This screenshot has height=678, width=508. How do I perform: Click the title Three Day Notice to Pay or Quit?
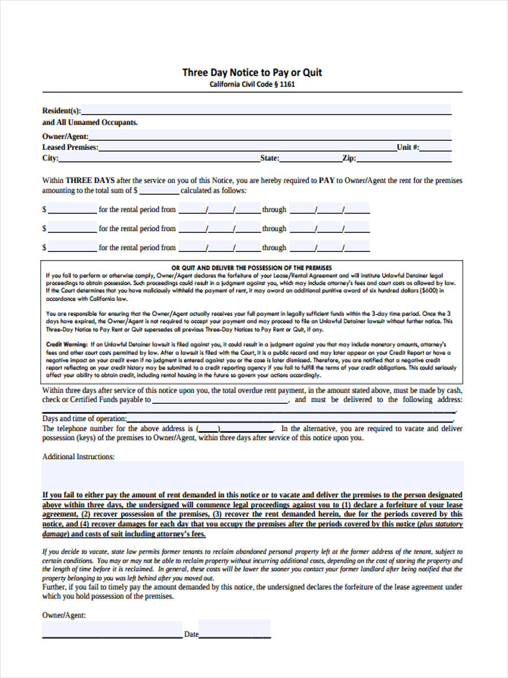(252, 72)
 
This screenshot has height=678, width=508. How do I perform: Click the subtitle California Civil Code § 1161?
(252, 85)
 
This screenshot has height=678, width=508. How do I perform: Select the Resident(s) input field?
(265, 110)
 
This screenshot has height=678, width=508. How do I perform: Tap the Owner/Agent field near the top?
(270, 136)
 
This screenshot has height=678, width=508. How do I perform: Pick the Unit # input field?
(435, 147)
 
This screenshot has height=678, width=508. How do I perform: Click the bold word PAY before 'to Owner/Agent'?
(327, 181)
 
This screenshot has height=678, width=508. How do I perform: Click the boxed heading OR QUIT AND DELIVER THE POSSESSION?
(251, 268)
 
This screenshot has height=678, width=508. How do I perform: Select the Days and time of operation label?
(84, 419)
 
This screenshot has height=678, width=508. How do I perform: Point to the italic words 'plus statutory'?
(441, 524)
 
